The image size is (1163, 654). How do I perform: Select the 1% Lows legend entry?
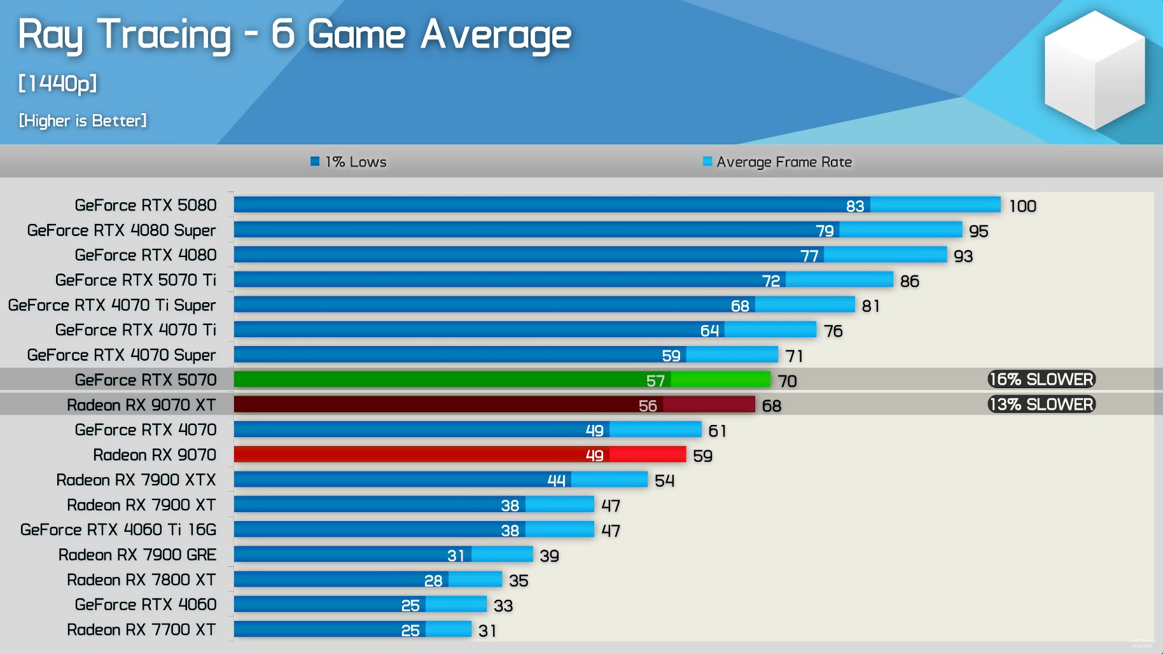[x=349, y=162]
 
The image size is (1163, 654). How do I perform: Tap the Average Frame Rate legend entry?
[x=777, y=162]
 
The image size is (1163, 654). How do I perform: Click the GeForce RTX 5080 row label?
[x=146, y=205]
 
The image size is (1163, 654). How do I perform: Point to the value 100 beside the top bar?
[x=1022, y=206]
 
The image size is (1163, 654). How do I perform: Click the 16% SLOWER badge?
[x=1041, y=380]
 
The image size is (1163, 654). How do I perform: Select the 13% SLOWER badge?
[x=1041, y=405]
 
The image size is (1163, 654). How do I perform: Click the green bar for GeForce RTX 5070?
[x=502, y=380]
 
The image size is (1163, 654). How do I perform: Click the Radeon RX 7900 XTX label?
[x=136, y=480]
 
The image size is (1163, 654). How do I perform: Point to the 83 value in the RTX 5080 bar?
[x=855, y=206]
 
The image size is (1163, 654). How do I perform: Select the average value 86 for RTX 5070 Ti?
[x=910, y=281]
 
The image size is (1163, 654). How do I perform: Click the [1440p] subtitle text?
[x=58, y=83]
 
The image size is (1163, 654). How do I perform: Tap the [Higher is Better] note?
[x=83, y=121]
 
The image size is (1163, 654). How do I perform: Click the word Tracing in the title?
[x=164, y=34]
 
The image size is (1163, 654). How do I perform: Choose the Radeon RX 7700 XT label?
[x=141, y=630]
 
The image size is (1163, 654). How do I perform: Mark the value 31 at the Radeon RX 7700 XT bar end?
[x=487, y=631]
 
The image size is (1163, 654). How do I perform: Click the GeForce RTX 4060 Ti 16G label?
[x=118, y=530]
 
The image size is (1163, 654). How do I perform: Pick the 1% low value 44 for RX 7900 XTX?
[x=556, y=481]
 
